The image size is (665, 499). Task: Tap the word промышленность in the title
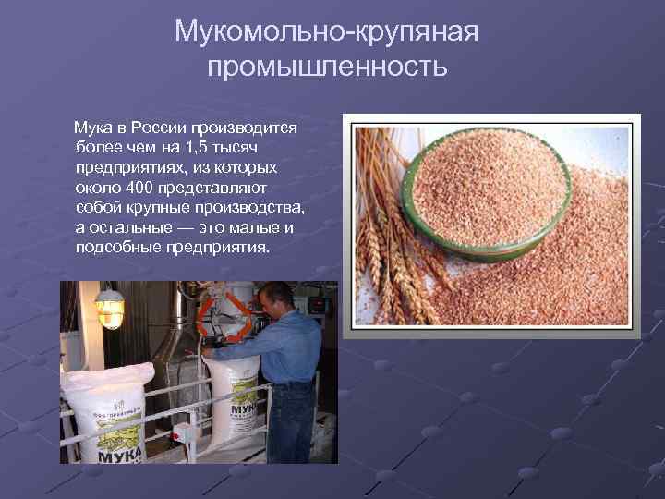[327, 67]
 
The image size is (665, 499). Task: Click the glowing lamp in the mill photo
[110, 307]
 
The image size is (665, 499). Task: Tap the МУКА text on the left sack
[116, 452]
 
